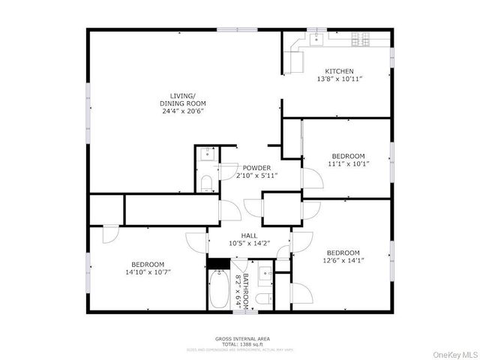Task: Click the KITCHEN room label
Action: click(338, 70)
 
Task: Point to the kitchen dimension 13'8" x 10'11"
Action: click(338, 79)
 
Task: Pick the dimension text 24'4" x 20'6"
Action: click(182, 111)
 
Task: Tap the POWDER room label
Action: click(256, 168)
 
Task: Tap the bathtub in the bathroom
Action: click(218, 292)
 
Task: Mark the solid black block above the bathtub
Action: click(217, 263)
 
